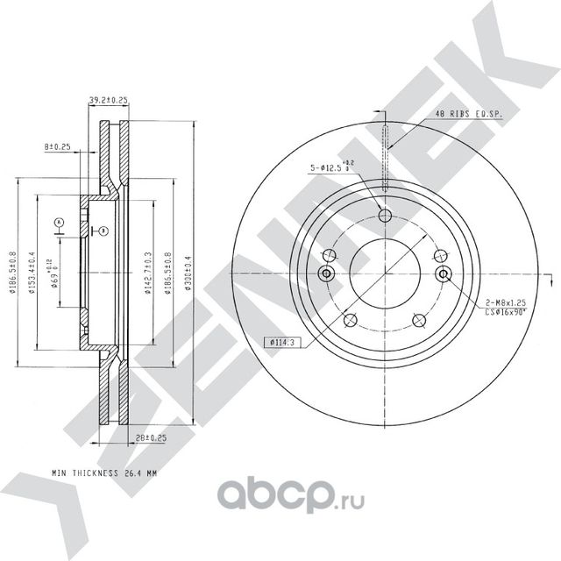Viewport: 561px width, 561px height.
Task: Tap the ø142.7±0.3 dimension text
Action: [145, 273]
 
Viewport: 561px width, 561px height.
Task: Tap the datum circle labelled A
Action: [59, 222]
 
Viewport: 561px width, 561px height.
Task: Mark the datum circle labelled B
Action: [103, 231]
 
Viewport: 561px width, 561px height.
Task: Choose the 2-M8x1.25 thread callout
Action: [508, 300]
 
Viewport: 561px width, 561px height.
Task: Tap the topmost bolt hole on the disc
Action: [386, 218]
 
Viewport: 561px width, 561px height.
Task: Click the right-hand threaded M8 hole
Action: [444, 274]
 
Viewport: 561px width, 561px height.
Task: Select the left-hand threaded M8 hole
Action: [328, 274]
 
